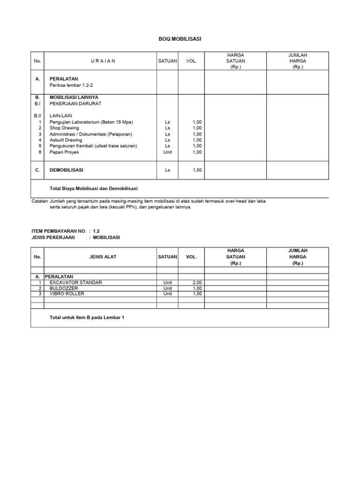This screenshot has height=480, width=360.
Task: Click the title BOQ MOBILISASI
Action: [x=180, y=39]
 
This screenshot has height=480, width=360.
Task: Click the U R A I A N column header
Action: [x=103, y=61]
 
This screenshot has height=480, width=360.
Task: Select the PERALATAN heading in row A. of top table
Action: [x=64, y=79]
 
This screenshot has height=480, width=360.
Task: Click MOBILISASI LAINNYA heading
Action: [x=74, y=97]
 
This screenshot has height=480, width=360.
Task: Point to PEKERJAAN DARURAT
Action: [x=75, y=103]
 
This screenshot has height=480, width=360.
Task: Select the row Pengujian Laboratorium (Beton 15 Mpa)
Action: [x=91, y=122]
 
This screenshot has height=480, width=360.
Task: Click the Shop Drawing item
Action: [x=64, y=128]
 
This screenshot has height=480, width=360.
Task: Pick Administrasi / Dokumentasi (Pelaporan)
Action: [x=91, y=134]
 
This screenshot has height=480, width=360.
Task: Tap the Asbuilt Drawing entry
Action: [x=66, y=140]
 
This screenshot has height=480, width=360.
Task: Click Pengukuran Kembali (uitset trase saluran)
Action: [x=93, y=146]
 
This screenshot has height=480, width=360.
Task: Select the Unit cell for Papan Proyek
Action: [x=167, y=152]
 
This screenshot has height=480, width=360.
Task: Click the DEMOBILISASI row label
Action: [x=67, y=170]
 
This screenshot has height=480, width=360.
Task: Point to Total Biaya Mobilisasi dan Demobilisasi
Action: [x=93, y=188]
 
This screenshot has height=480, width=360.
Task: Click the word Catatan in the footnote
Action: [x=39, y=201]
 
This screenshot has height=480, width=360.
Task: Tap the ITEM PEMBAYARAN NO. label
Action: [x=59, y=232]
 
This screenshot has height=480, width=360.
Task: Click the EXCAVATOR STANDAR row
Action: [x=75, y=283]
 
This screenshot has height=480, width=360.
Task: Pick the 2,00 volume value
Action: [x=197, y=283]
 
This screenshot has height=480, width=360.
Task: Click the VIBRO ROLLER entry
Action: [x=67, y=294]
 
